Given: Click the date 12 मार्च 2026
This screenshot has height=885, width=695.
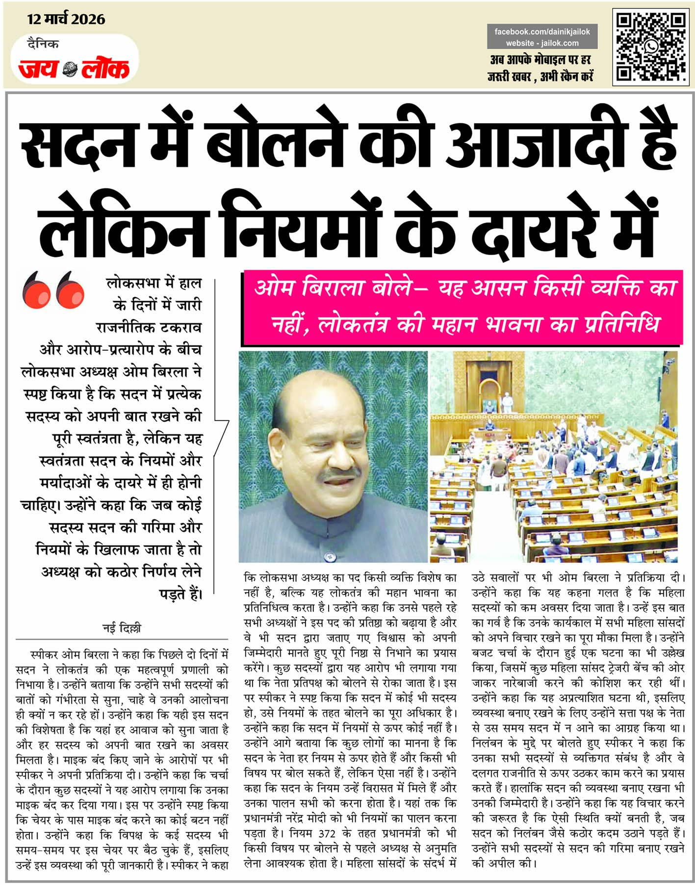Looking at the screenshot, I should (66, 19).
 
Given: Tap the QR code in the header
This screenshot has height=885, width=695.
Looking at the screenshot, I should (650, 47).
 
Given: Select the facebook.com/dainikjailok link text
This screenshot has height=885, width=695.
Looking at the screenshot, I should (542, 31).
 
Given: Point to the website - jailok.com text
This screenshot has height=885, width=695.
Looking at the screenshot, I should (542, 43).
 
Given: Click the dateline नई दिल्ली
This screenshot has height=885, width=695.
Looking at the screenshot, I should (122, 628).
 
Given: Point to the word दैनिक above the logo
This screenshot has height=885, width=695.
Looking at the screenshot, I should (43, 44).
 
